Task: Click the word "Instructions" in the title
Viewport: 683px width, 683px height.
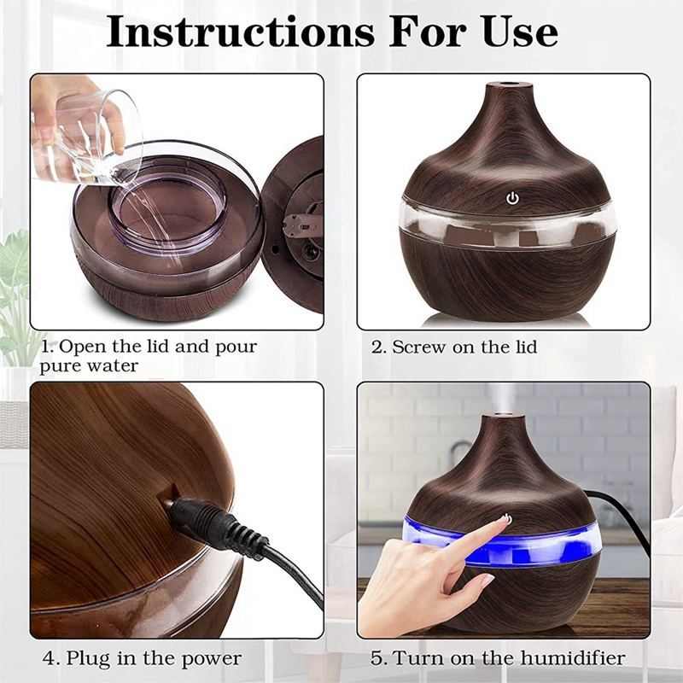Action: tap(241, 32)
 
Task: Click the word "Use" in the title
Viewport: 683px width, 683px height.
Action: tap(520, 32)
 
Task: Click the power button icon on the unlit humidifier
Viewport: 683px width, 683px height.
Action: tap(513, 199)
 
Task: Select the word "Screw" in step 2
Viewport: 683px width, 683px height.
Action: tap(418, 347)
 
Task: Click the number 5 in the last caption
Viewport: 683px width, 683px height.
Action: tap(376, 658)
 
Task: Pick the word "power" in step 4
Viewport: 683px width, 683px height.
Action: tap(211, 659)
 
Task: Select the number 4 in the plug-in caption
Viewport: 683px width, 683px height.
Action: tap(49, 658)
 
